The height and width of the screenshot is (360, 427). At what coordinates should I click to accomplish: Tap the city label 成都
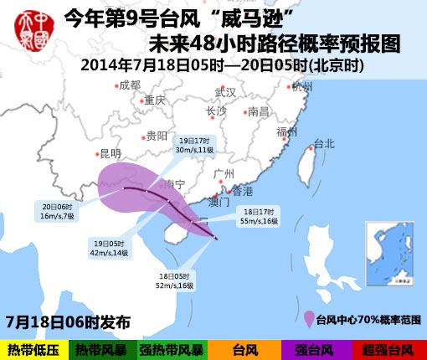[129, 85]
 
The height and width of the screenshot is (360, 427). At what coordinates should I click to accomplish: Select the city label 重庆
[154, 100]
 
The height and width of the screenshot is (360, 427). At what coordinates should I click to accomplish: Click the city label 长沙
[216, 111]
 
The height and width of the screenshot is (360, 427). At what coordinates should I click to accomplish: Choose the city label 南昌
[259, 111]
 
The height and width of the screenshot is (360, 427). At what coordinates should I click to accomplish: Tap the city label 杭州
[301, 86]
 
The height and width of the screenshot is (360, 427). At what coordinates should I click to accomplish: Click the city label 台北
[323, 144]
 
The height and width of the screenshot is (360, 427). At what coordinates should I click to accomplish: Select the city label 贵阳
[157, 136]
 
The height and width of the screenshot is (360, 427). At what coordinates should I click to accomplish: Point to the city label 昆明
[110, 153]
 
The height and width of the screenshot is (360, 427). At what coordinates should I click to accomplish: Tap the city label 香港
[241, 191]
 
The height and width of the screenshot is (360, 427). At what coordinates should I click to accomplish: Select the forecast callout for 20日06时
[57, 211]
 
